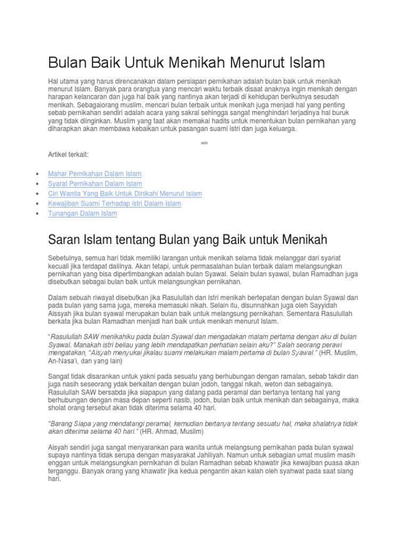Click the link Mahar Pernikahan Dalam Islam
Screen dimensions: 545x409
point(94,174)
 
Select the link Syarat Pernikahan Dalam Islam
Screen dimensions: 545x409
point(95,184)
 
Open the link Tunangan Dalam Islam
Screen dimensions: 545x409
point(83,213)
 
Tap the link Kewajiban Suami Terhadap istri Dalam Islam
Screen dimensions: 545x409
point(114,203)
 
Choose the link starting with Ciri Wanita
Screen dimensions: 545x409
point(125,194)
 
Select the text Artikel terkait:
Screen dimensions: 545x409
point(69,154)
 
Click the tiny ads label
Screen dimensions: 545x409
point(204,143)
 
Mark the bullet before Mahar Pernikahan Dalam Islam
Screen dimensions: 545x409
point(36,175)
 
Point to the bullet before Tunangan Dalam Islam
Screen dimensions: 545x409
point(36,214)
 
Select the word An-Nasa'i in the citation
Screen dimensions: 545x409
point(63,360)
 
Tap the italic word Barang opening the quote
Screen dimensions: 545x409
point(63,423)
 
